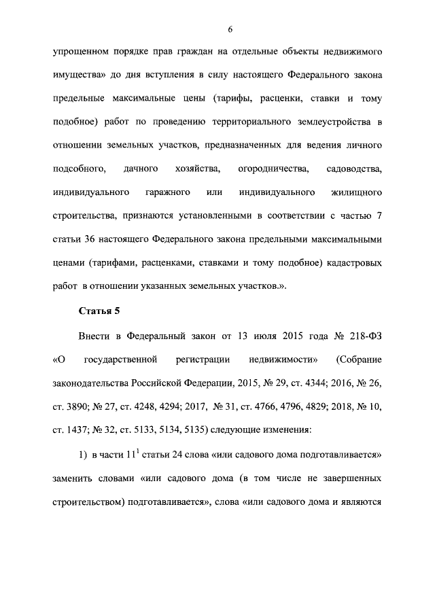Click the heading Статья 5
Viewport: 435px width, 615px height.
click(99, 311)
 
